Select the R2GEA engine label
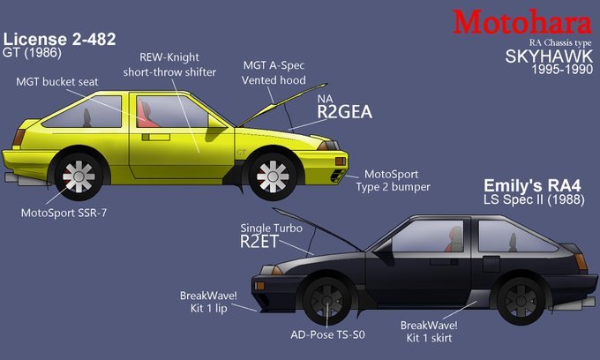(x=345, y=111)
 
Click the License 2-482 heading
(x=60, y=40)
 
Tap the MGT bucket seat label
(x=56, y=82)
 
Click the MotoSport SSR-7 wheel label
(x=60, y=213)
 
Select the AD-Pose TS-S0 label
(x=327, y=335)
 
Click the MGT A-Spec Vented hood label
(x=274, y=71)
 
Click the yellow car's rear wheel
(x=79, y=176)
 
